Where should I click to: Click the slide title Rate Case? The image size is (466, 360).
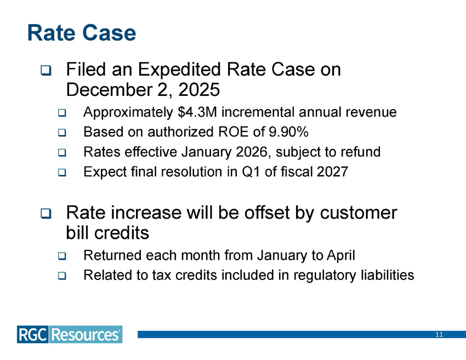(81, 33)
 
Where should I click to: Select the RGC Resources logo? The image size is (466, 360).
(70, 334)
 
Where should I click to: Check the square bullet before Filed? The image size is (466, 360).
(45, 71)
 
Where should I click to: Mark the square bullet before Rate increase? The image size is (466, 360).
(45, 213)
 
